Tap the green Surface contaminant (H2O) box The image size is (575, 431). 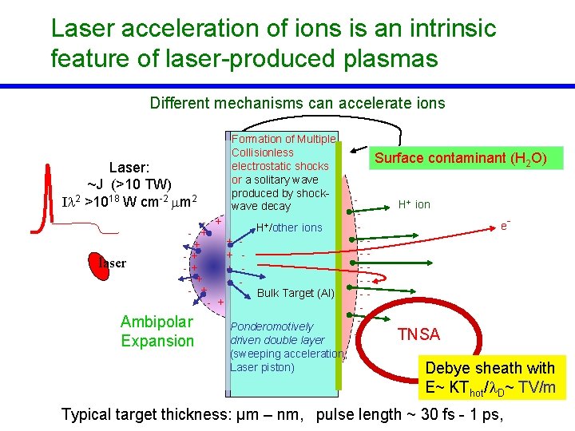(x=461, y=158)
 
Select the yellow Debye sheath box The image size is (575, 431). (x=490, y=378)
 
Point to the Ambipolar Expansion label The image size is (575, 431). (x=157, y=331)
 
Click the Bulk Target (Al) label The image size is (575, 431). (x=295, y=293)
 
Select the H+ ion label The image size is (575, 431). (x=414, y=204)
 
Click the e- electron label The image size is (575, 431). (x=505, y=226)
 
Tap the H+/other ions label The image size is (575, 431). (x=289, y=227)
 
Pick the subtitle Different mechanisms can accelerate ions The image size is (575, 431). (x=297, y=103)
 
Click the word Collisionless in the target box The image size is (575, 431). (x=263, y=152)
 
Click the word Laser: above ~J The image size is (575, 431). (x=129, y=168)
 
